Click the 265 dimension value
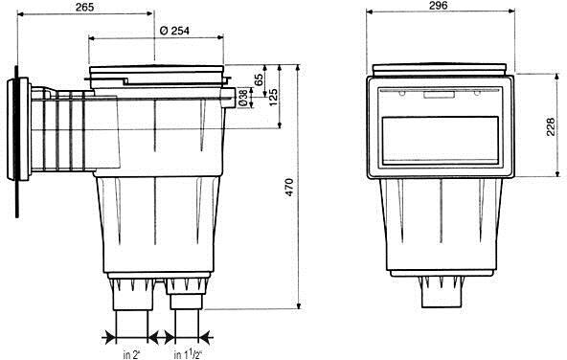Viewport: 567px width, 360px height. coord(84,7)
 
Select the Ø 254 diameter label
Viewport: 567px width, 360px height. coord(174,31)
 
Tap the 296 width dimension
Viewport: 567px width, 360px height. coord(438,5)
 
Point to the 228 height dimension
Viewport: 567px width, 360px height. coord(550,126)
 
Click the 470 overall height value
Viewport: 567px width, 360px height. coord(289,187)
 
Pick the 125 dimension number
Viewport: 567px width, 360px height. coord(273,97)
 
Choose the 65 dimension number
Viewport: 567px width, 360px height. coord(259,79)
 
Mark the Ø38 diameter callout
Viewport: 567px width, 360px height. coord(243,98)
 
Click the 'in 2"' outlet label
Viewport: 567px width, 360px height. coord(131,355)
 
